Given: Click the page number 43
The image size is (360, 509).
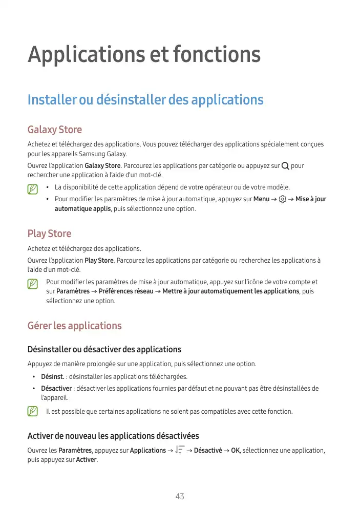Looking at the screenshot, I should point(180,496).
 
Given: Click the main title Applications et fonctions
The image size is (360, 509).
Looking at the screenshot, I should point(144,54).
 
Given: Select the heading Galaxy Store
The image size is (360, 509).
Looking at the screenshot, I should point(54,130).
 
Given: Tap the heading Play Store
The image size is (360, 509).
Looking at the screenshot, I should point(49,234).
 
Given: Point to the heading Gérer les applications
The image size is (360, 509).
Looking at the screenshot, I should point(74,326).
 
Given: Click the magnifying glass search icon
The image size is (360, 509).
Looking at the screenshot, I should point(285,165).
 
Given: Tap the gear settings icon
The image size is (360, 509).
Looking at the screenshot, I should point(283,199).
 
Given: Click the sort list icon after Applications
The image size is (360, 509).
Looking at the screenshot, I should point(180,450).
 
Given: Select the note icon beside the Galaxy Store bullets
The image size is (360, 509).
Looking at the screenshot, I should point(33,189).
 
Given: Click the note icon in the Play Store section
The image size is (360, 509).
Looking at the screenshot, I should point(33,283).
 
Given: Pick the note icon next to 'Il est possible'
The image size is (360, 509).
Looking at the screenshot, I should point(33,411).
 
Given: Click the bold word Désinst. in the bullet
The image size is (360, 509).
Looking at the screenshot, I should point(52,377).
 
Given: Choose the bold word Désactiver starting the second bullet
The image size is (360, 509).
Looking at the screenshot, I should point(56,389).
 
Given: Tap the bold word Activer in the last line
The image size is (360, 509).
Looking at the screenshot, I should point(86,460).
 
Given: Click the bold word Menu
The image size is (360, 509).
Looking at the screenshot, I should point(261,199).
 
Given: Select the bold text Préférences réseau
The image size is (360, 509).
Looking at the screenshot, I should point(125,291).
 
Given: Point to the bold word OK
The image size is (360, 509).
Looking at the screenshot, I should point(236,451).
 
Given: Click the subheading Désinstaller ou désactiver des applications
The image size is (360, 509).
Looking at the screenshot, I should point(104,350).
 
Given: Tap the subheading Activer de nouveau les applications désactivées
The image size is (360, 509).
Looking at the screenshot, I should point(113,436).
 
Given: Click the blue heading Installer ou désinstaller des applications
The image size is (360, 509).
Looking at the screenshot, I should point(145,99).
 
